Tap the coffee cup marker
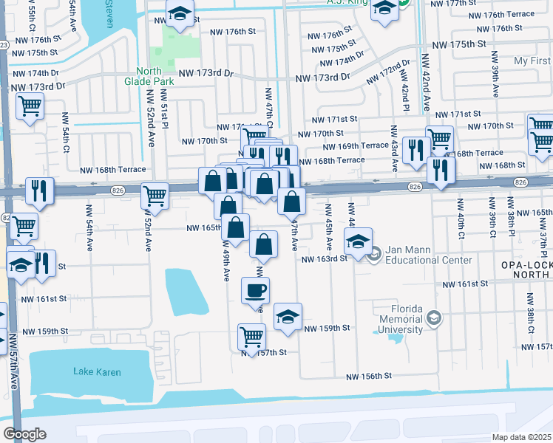tap(256, 289)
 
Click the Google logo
tap(24, 434)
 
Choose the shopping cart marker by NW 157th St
tap(251, 336)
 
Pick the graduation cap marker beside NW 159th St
tap(288, 316)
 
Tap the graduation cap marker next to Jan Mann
tap(358, 241)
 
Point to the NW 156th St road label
tap(373, 377)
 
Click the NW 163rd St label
tap(324, 259)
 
